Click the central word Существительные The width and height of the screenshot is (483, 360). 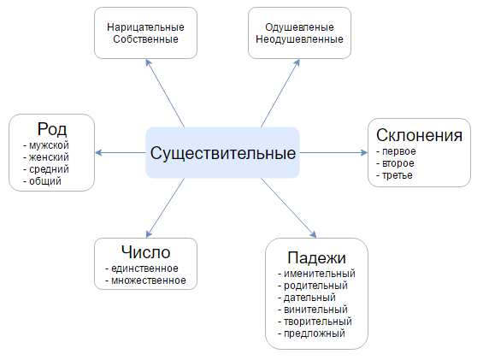click(223, 154)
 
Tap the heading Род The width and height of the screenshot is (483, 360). click(52, 129)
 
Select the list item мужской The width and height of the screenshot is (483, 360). click(49, 145)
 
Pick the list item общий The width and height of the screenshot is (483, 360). click(45, 181)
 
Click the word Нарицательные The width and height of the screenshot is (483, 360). click(145, 27)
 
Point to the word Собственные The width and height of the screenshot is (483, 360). click(145, 39)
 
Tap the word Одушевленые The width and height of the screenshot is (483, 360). click(299, 27)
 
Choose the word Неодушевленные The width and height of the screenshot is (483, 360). click(299, 39)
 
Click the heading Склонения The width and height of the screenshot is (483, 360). click(419, 135)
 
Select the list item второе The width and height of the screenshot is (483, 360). click(398, 163)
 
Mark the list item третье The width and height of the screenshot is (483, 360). click(397, 175)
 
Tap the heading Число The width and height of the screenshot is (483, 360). click(145, 252)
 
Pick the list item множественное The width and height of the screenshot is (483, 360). click(149, 280)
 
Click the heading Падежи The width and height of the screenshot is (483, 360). click(316, 257)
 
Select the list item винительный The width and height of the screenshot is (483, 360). click(315, 310)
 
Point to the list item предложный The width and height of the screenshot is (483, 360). click(315, 333)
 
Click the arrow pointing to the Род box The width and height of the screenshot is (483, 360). click(121, 152)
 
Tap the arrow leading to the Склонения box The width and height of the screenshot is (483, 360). click(333, 152)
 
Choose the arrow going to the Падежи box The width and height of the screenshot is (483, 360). click(289, 208)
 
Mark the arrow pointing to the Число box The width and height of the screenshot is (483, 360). click(165, 208)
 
